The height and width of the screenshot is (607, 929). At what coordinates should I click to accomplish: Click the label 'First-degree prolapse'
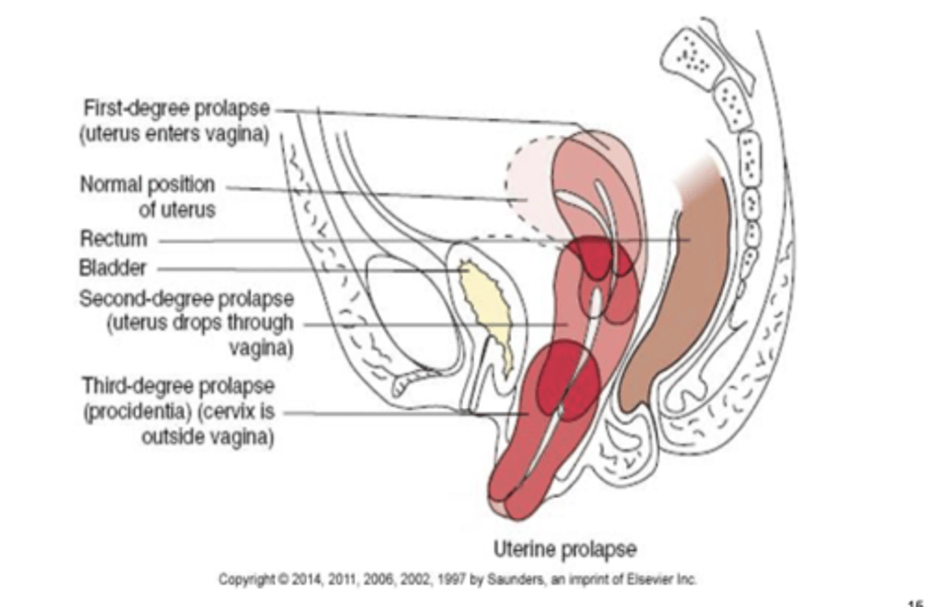176,108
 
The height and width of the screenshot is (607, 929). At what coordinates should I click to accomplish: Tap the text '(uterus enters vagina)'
174,135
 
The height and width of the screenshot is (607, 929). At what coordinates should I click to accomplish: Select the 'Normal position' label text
147,184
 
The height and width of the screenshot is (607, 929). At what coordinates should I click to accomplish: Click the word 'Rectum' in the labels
113,239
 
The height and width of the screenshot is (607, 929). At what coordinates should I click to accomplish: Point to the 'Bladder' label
112,268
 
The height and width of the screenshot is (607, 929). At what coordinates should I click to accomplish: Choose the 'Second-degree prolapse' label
186,299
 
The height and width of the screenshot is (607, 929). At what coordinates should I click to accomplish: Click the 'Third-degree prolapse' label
178,386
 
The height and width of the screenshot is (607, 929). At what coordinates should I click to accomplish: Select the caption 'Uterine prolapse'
564,550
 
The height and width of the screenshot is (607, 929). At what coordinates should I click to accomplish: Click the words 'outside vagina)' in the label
208,437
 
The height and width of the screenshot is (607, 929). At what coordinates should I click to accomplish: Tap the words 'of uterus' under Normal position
177,210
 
